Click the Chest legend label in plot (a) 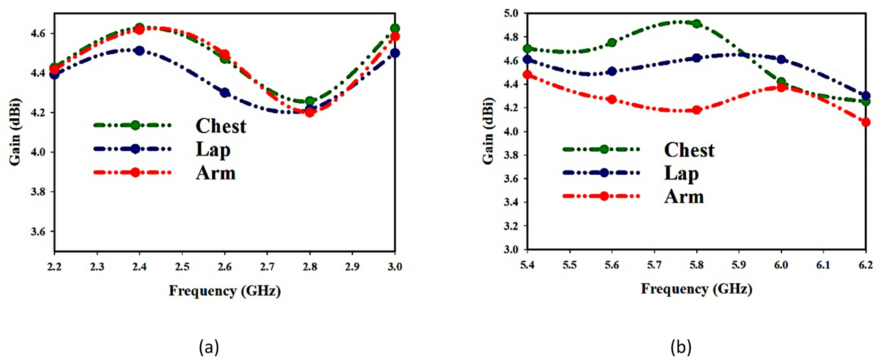(220, 126)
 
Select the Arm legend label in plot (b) (684, 196)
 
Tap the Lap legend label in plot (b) (681, 173)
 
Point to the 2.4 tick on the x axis (139, 267)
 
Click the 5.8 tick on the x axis (696, 265)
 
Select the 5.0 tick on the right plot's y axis (512, 13)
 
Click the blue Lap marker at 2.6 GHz (225, 93)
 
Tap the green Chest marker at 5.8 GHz (697, 24)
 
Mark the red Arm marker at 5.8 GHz (697, 110)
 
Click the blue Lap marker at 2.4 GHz (139, 50)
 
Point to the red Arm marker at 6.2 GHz (866, 122)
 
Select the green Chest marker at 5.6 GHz (612, 42)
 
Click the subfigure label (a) (209, 347)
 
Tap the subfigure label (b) (681, 347)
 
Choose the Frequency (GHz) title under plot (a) (225, 291)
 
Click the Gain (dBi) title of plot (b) (488, 131)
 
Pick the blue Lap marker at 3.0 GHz (395, 53)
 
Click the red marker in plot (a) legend (135, 172)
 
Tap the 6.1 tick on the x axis (823, 265)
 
